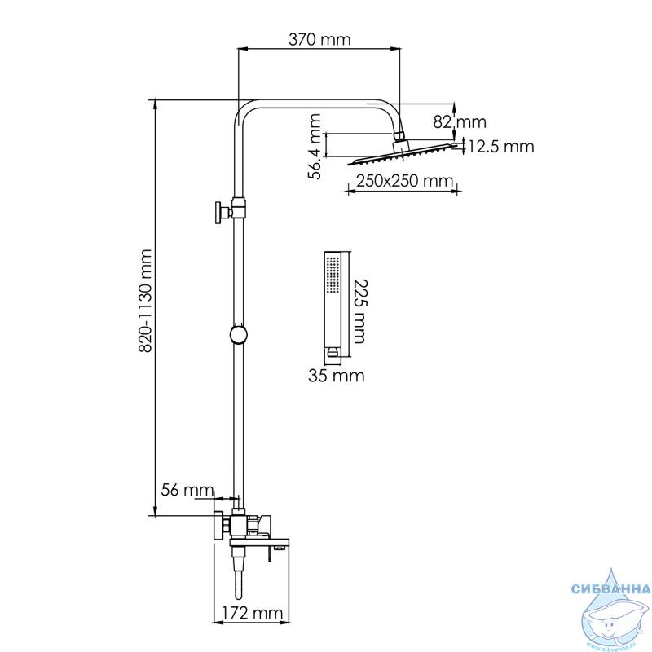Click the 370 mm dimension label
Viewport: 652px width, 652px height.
coord(319,39)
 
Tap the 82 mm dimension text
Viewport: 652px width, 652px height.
coord(460,121)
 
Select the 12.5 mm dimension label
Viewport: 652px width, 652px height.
coord(501,147)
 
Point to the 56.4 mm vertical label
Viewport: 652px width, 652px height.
coord(315,146)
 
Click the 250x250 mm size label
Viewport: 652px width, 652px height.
coord(404,181)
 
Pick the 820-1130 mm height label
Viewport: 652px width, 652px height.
coord(145,301)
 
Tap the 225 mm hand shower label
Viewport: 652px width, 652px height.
coord(359,311)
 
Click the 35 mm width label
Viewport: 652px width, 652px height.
coord(337,376)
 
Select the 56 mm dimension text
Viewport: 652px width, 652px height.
coord(187,490)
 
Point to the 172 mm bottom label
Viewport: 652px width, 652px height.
coord(253,613)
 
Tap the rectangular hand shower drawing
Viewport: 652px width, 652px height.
coord(333,304)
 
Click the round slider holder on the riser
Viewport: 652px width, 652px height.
coord(239,334)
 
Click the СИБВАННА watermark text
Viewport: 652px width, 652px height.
coord(610,588)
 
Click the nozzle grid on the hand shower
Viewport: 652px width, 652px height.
coord(333,275)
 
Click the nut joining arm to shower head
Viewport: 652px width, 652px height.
coord(399,136)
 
